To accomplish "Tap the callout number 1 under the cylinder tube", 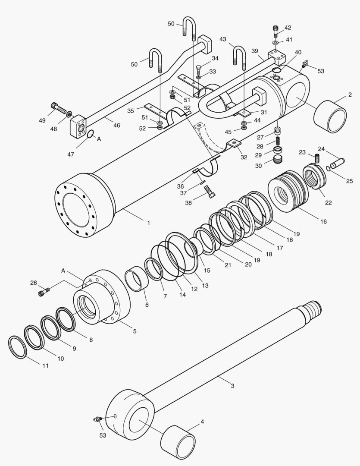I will (148, 223).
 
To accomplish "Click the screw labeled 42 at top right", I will (276, 31).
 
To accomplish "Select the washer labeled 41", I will (275, 43).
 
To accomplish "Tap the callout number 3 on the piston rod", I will (232, 385).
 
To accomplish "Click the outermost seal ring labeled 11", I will (17, 346).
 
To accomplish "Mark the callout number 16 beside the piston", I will (323, 221).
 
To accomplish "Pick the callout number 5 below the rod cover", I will (135, 331).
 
